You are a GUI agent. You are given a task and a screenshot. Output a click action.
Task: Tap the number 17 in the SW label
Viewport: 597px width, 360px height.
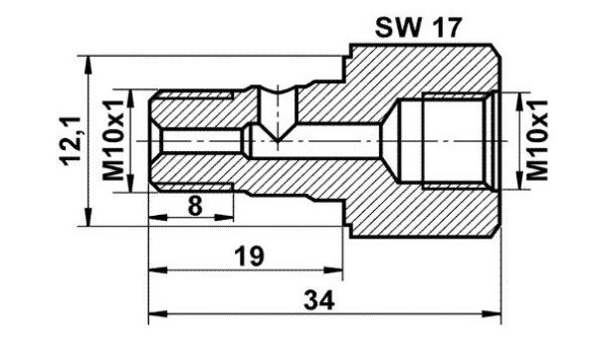point(442,27)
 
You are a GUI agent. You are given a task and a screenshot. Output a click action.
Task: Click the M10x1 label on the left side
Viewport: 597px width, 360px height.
point(112,140)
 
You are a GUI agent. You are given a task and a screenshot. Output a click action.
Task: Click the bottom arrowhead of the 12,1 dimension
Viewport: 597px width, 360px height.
point(91,224)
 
